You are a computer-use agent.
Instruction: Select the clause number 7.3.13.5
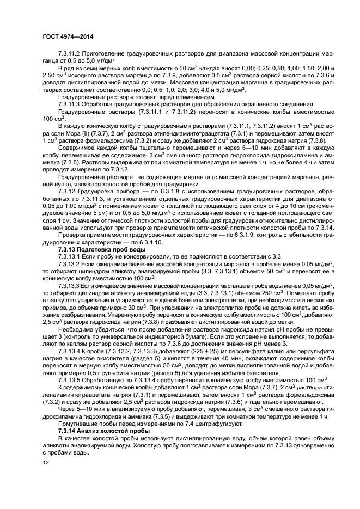pyautogui.click(x=73, y=380)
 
